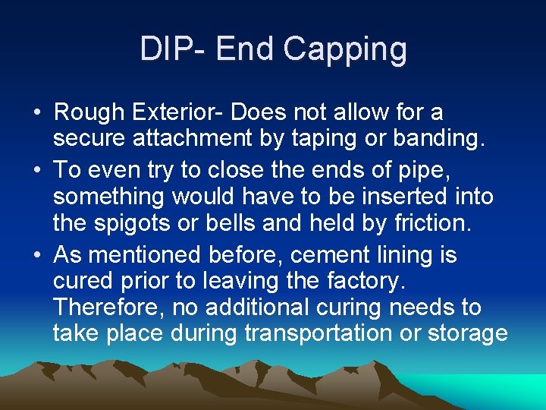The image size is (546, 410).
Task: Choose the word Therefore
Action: coord(108,307)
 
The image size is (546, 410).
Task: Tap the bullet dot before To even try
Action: coord(37,169)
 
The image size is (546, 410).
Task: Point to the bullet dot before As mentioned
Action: coord(37,254)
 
